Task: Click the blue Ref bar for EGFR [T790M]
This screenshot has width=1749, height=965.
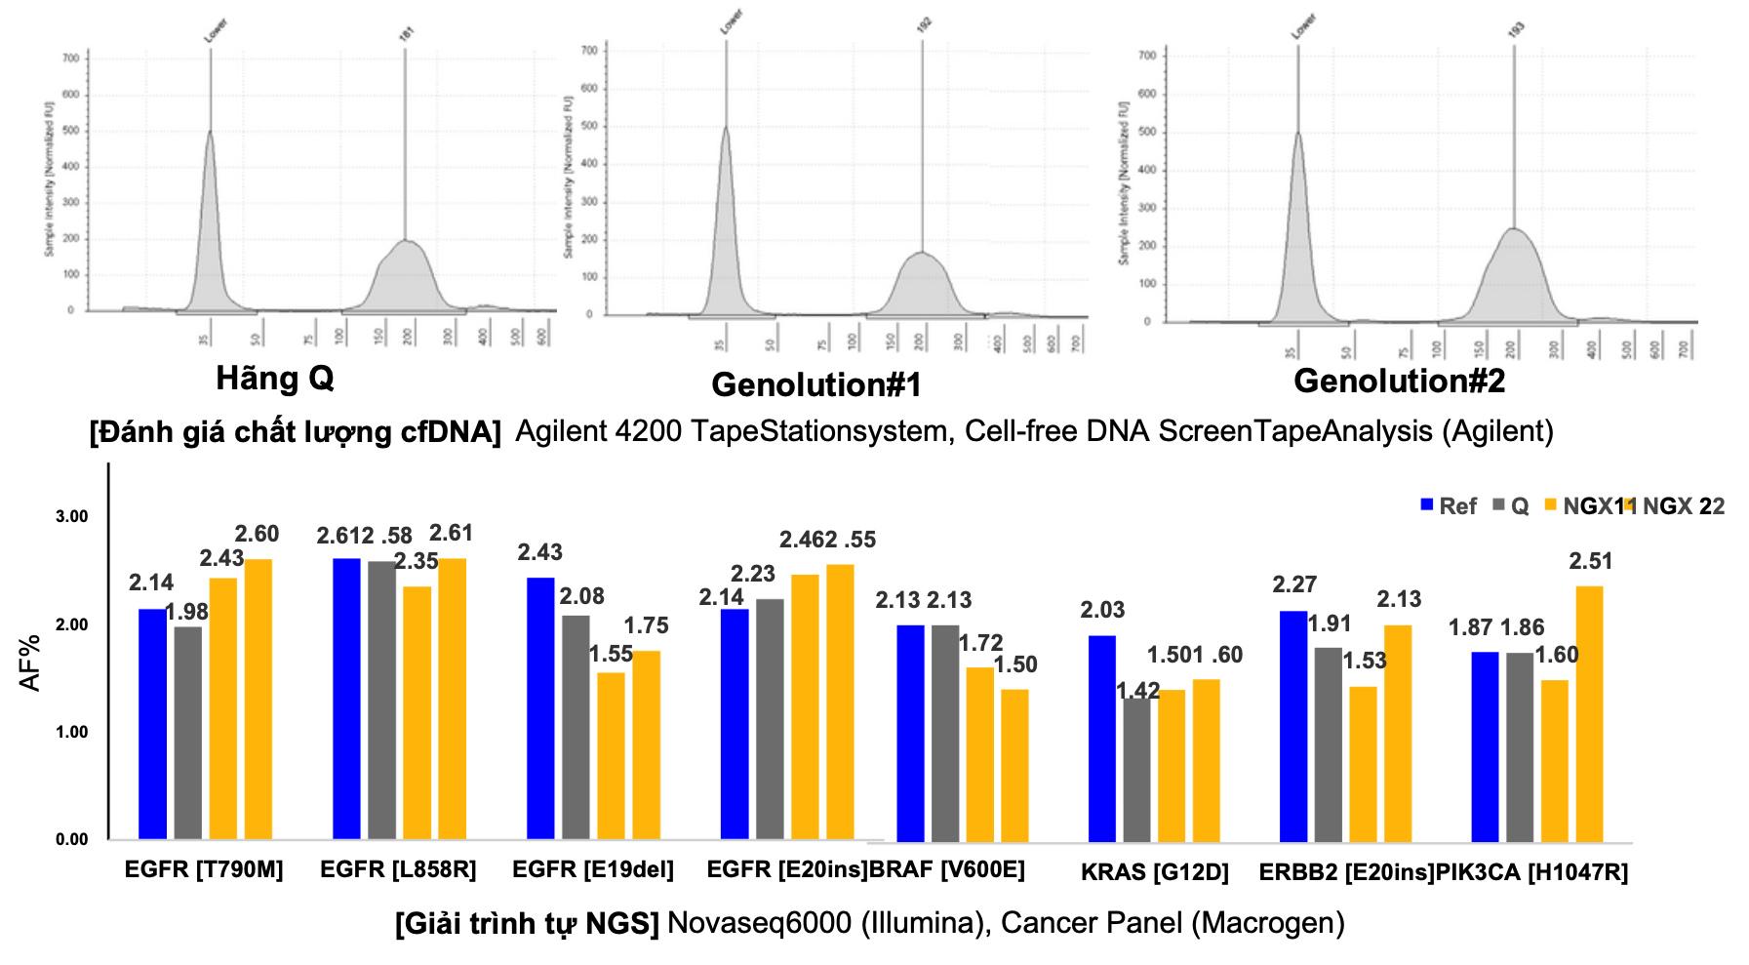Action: (x=152, y=724)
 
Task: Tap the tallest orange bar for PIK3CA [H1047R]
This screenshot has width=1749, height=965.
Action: (x=1589, y=713)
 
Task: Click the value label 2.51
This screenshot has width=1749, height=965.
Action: (x=1590, y=561)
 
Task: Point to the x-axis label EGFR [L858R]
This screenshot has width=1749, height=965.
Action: (x=398, y=869)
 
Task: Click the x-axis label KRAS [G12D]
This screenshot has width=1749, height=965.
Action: (x=1154, y=872)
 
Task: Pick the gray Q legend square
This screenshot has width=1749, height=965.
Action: (x=1499, y=505)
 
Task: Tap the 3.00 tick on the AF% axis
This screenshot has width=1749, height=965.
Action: (x=71, y=516)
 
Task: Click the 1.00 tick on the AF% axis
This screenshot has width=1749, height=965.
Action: (x=71, y=732)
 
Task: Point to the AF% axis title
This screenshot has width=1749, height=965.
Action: (x=30, y=663)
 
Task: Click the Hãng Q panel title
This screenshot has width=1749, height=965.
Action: (x=274, y=379)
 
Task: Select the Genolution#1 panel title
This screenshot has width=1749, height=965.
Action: (x=816, y=384)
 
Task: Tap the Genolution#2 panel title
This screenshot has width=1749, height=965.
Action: (x=1399, y=381)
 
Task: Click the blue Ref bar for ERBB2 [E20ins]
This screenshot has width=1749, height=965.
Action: (x=1293, y=726)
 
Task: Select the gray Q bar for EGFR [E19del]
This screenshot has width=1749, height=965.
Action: (x=576, y=727)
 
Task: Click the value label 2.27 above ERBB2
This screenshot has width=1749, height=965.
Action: (x=1294, y=584)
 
